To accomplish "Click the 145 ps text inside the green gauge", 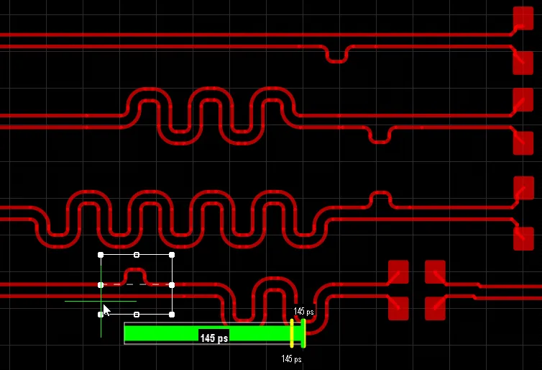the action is tap(213, 338).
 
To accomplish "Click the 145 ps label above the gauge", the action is tap(304, 312).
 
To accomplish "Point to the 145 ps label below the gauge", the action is tap(291, 358).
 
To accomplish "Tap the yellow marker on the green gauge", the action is tap(292, 333).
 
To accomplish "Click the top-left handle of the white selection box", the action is tap(101, 255).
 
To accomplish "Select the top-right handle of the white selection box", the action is tap(172, 255).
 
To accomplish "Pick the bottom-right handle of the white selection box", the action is tap(172, 314).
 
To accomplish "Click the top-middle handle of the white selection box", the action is tap(137, 255).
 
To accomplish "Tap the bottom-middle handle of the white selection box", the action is tap(137, 314).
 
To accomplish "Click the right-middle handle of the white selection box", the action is tap(172, 285).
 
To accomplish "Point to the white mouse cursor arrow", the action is tap(106, 310).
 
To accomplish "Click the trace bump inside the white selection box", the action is tap(136, 276).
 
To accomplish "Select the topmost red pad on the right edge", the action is tap(523, 17).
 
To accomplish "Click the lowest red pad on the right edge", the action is tap(523, 238).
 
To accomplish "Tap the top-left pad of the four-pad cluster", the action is tap(398, 271).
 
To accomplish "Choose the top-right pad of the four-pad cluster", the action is tap(435, 271).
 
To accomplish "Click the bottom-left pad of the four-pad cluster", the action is tap(398, 308).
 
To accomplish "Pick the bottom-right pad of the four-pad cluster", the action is tap(435, 308).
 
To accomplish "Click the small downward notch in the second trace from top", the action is tap(337, 55).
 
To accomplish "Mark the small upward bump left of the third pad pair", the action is tap(380, 197).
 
